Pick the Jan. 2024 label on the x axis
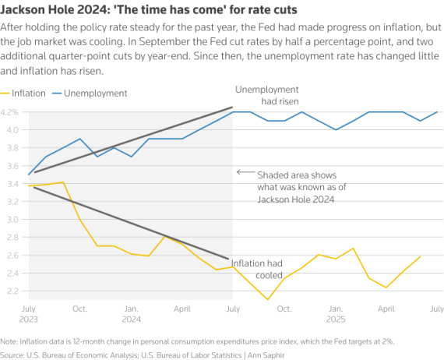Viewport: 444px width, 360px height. coord(132,312)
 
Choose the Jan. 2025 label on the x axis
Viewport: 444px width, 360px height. coord(336,312)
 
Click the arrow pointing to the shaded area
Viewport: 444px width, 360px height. coord(244,172)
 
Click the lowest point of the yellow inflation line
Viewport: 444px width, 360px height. coord(267,299)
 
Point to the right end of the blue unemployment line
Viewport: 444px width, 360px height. coord(437,111)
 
